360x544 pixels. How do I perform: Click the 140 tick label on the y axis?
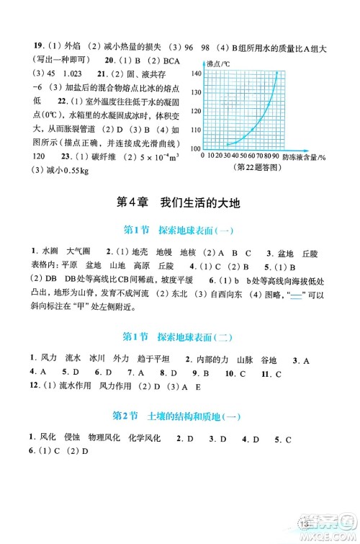pos(195,75)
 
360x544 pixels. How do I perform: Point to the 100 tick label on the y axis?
pos(195,147)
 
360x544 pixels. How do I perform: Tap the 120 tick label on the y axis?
pos(195,111)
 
